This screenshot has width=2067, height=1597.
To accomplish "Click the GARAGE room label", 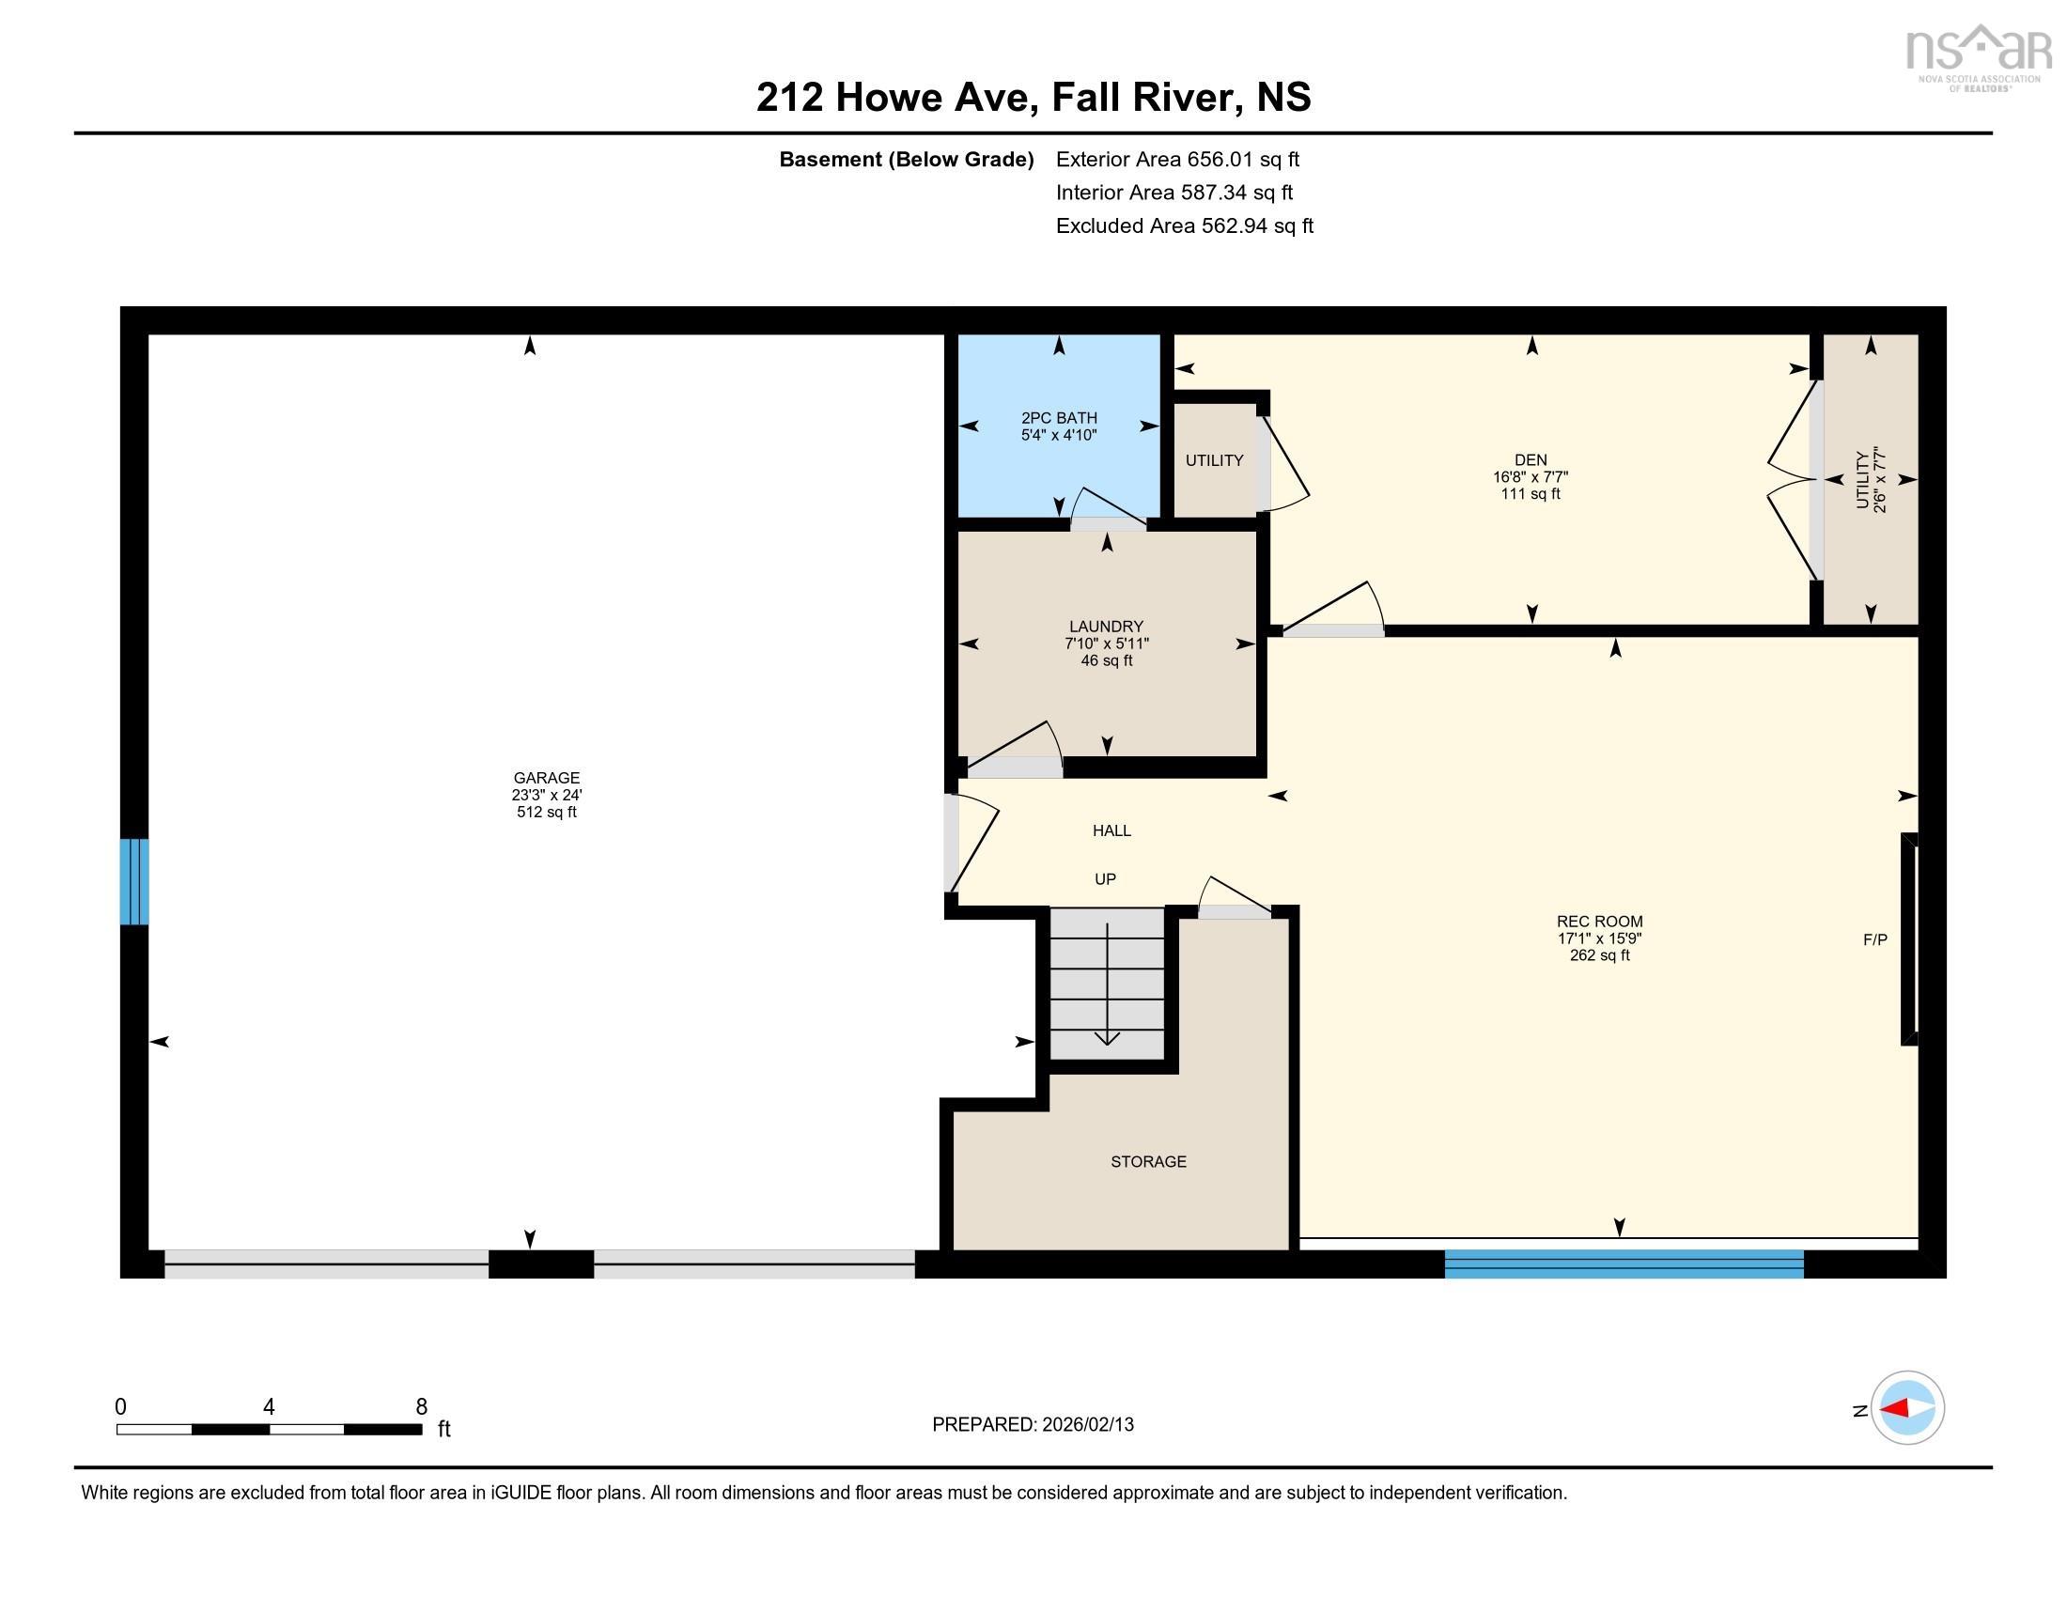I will (546, 778).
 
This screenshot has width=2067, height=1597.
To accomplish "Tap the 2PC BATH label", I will (1058, 417).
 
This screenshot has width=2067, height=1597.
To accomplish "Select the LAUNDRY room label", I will (1106, 627).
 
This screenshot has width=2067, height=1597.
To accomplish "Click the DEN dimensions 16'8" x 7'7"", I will (1530, 477).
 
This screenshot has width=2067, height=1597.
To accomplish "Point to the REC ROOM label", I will (1598, 921).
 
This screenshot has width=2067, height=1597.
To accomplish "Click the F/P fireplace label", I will (1874, 939).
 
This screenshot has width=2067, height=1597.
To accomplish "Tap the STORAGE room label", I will (1148, 1161).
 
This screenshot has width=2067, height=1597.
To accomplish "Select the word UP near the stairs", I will (1105, 879).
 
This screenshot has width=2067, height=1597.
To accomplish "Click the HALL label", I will (1111, 830).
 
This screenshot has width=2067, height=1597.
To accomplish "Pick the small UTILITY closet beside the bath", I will (1213, 460).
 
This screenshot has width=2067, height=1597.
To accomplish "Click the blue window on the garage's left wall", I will (134, 881).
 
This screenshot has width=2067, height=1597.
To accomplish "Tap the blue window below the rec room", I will (1624, 1263).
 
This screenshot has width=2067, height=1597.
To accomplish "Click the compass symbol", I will (1907, 1408).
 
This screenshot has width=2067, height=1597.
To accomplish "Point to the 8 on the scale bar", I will (421, 1407).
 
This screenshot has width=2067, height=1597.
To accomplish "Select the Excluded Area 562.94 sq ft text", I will (1184, 225).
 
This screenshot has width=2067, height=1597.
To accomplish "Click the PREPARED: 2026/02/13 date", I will (1033, 1424).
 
